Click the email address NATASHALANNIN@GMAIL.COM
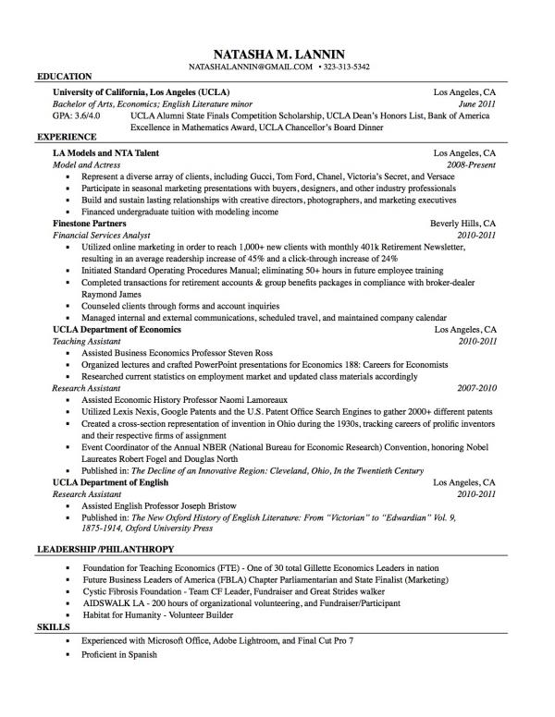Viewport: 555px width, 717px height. point(250,67)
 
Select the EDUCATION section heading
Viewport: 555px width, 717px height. point(63,76)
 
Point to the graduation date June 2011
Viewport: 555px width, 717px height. point(478,104)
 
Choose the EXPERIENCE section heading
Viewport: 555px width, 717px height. point(66,136)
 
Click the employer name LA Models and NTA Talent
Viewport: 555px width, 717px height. point(105,152)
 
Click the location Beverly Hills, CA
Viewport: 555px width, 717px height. point(463,224)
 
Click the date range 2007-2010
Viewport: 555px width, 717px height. point(476,389)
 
